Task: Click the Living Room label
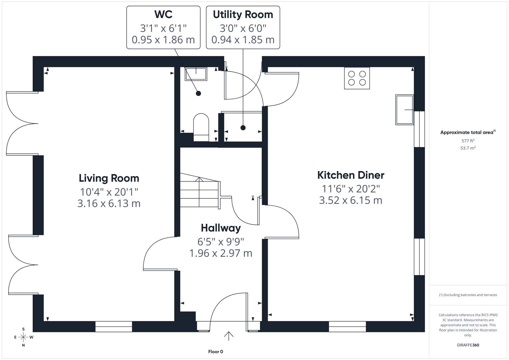(109, 178)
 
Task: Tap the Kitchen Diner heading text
(350, 175)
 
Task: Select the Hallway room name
(221, 228)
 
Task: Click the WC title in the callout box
(163, 14)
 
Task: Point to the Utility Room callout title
(243, 14)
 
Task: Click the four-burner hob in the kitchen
(357, 78)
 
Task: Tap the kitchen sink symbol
(404, 110)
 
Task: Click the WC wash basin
(196, 73)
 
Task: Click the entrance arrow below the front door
(229, 336)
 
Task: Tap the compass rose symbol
(23, 337)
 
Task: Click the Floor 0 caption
(215, 352)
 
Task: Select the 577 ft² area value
(468, 141)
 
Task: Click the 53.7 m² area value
(468, 148)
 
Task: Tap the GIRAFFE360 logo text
(468, 345)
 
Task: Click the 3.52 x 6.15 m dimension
(350, 200)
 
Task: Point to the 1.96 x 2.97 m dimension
(221, 253)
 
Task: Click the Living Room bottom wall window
(114, 327)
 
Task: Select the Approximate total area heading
(467, 132)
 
